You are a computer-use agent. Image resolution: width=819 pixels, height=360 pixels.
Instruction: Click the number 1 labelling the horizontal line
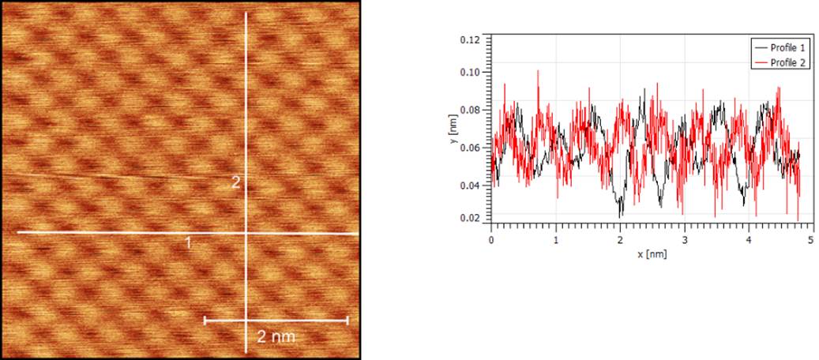[x=188, y=244]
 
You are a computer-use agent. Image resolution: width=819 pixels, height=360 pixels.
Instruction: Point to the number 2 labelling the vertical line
[x=235, y=182]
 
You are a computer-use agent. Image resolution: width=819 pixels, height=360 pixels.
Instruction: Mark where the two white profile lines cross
[x=247, y=233]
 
